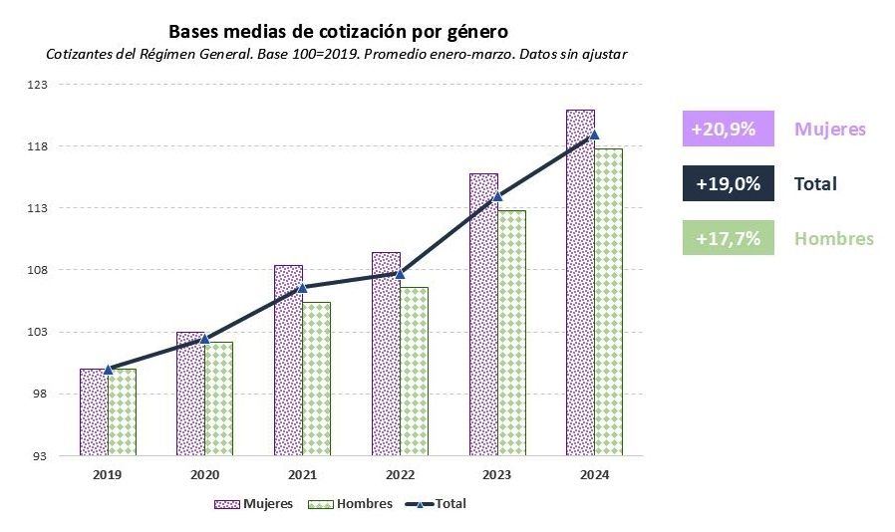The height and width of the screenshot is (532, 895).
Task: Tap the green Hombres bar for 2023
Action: pos(512,334)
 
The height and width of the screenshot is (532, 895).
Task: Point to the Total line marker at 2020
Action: pos(205,339)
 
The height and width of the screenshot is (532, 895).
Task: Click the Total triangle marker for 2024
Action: pos(594,134)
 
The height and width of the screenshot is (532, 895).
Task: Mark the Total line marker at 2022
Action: pos(401,273)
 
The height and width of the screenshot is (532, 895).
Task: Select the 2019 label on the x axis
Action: pos(108,474)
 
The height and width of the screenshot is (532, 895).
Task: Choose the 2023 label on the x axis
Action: pos(497,474)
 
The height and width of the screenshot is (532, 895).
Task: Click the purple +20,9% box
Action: pos(728,130)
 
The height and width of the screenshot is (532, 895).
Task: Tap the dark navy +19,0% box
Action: pos(728,184)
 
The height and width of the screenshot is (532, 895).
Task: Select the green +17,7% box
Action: pos(728,239)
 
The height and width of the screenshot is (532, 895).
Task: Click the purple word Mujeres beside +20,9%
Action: pos(830,130)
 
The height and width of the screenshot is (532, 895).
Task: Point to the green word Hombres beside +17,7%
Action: pos(833,239)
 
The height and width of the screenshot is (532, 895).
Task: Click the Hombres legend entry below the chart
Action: pos(351,504)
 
